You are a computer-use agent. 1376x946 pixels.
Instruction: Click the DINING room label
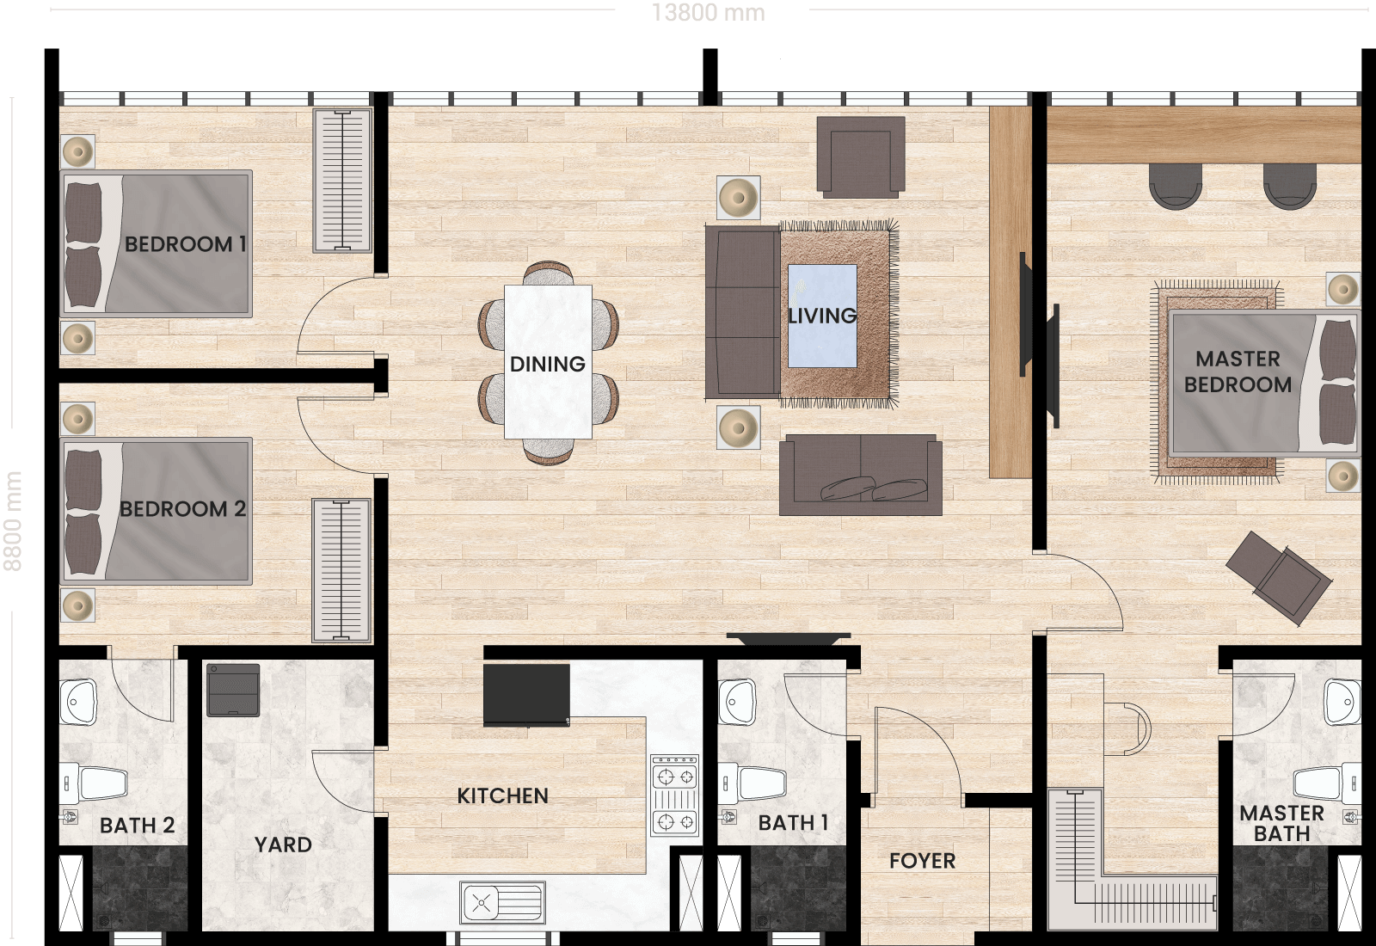point(547,365)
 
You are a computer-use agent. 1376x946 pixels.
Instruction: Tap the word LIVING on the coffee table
point(822,316)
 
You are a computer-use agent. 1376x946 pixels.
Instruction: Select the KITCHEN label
point(502,796)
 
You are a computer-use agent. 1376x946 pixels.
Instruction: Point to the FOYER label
point(922,861)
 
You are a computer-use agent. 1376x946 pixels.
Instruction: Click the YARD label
point(283,845)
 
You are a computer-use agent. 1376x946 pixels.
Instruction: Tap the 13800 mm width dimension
point(709,13)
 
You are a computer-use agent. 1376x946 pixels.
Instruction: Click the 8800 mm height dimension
point(13,521)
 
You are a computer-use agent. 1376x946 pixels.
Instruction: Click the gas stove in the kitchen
point(674,795)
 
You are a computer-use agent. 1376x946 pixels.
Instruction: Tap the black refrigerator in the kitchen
point(526,695)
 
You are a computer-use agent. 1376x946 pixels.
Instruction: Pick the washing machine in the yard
point(233,690)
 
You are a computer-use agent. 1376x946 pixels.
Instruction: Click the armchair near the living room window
point(861,157)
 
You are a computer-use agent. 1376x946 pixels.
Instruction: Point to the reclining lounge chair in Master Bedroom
point(1279,578)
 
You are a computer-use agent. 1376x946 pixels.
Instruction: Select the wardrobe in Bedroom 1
point(342,181)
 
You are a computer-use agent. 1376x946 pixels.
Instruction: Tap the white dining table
point(548,362)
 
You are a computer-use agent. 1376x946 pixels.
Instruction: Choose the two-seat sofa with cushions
point(861,475)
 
